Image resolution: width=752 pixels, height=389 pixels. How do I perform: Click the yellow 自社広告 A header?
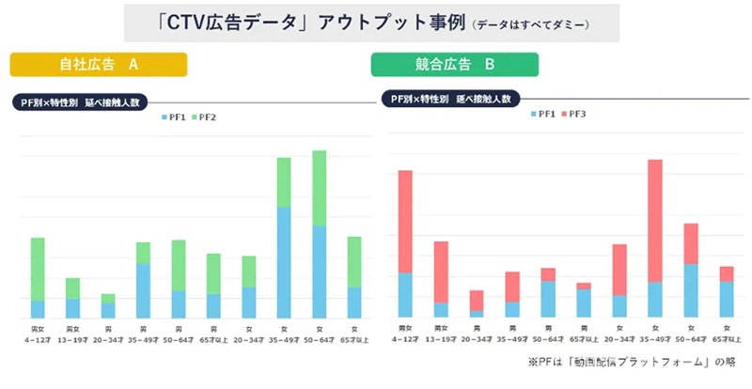(x=99, y=64)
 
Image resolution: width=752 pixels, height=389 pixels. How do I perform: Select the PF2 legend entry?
(x=204, y=117)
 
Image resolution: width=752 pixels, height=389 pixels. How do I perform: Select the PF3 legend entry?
(x=575, y=113)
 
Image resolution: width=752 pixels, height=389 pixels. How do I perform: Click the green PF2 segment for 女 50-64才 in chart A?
(x=319, y=188)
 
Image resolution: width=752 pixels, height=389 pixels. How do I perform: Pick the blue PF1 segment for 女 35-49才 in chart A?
(x=283, y=261)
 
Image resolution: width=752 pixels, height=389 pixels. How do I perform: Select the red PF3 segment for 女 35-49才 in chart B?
(x=655, y=221)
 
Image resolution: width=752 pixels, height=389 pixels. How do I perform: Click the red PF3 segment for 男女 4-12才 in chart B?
(x=405, y=222)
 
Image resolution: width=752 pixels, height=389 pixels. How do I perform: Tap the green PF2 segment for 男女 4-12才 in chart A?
(x=38, y=269)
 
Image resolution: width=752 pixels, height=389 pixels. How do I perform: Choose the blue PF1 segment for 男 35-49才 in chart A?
(x=143, y=290)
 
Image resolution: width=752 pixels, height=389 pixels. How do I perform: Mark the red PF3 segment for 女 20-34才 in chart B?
(x=619, y=270)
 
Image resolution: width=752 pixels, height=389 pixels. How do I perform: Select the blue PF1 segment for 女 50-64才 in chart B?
(x=691, y=290)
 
